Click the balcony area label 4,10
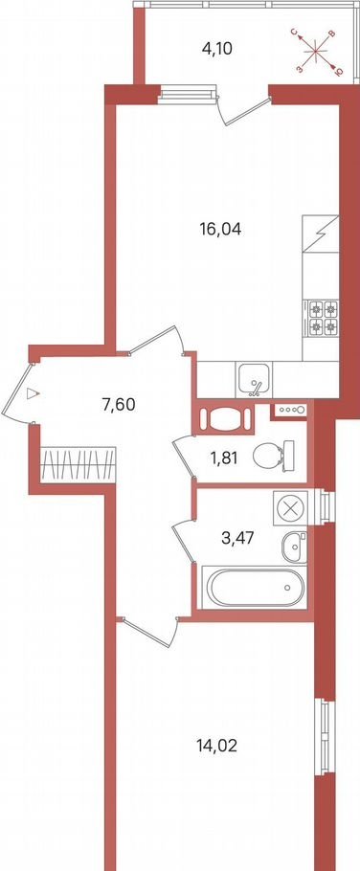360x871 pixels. tap(216, 49)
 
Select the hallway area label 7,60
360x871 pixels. tap(119, 404)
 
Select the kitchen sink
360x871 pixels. tap(254, 379)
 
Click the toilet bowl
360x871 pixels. tap(273, 456)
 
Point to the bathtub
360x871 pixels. tap(253, 587)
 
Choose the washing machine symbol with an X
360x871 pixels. tap(289, 507)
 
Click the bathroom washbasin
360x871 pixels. tap(294, 547)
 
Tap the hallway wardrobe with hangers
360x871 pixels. tap(79, 462)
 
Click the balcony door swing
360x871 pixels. tap(242, 109)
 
